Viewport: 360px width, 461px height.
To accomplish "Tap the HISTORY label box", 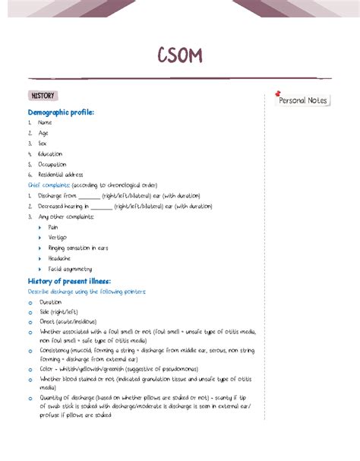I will click(42, 96).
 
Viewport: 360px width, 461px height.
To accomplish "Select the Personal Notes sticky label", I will click(302, 100).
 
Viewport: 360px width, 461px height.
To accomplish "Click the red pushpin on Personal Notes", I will click(279, 93).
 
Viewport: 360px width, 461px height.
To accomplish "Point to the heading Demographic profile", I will click(61, 112).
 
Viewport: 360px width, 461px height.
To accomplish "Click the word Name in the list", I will click(45, 122).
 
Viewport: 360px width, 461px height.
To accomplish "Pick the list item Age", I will click(43, 133).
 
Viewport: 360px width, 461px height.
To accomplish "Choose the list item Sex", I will click(43, 143).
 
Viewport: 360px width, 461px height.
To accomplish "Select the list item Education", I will click(50, 153).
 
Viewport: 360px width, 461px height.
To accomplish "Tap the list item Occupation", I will click(52, 164).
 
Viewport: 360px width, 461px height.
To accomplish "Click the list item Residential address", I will click(60, 174).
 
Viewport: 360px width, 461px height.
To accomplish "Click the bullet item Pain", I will click(53, 227).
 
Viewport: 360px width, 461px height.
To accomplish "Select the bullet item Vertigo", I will click(57, 238).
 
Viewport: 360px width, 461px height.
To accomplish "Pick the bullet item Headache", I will click(59, 258).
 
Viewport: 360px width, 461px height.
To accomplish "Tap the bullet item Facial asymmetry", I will click(70, 269).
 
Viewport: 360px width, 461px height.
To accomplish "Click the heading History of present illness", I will click(69, 282).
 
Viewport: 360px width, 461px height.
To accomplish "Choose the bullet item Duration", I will click(51, 302).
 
